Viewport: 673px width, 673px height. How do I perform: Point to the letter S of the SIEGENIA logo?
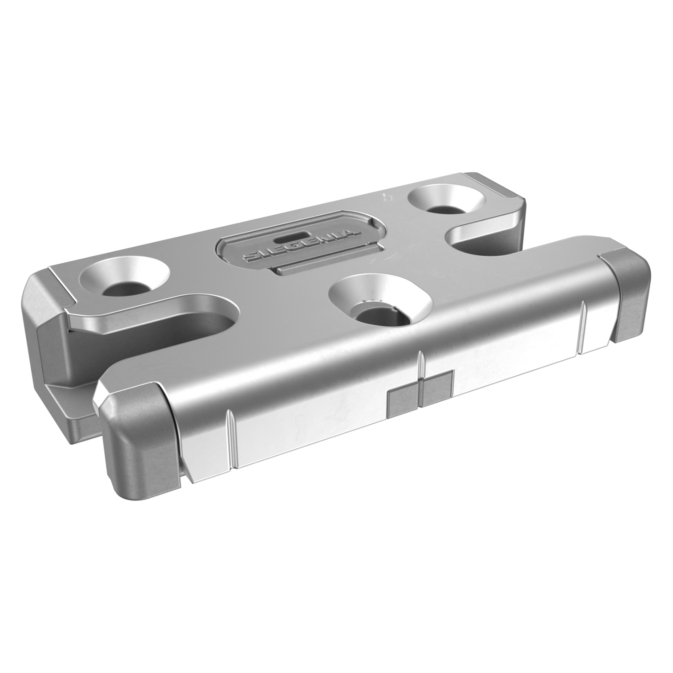[252, 257]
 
